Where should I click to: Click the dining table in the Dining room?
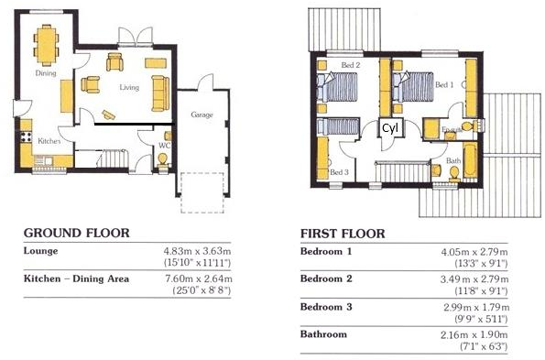pyautogui.click(x=46, y=42)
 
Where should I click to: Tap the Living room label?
pyautogui.click(x=128, y=88)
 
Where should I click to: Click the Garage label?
pyautogui.click(x=202, y=115)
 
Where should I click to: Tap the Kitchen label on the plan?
pyautogui.click(x=47, y=140)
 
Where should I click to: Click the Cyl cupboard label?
pyautogui.click(x=389, y=127)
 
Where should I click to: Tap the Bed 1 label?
pyautogui.click(x=444, y=84)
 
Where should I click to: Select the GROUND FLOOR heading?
pyautogui.click(x=76, y=233)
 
